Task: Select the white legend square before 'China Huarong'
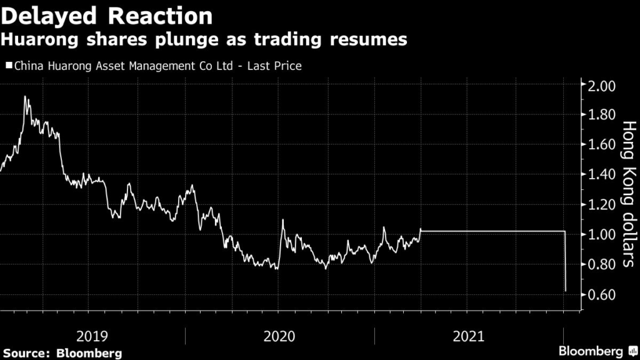[x=8, y=64]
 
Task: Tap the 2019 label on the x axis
[x=92, y=336]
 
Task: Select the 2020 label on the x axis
[x=280, y=336]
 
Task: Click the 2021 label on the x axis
[x=467, y=336]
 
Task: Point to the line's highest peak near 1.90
[x=25, y=97]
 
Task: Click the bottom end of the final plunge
[x=566, y=291]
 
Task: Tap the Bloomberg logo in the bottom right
[x=596, y=351]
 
